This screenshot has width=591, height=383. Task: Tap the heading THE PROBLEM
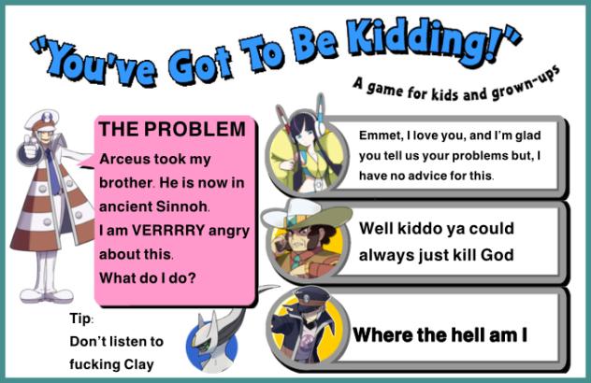pos(172,129)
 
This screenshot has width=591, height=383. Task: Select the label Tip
pos(80,319)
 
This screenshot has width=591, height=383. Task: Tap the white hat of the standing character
pos(43,120)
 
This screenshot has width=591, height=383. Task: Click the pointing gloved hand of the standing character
pos(31,148)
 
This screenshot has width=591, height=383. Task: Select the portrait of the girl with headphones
pos(307,154)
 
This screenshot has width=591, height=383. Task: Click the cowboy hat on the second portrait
pos(306,217)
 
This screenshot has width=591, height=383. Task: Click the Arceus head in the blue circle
pos(212,342)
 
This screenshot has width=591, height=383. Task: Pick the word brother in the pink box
pos(125,183)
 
